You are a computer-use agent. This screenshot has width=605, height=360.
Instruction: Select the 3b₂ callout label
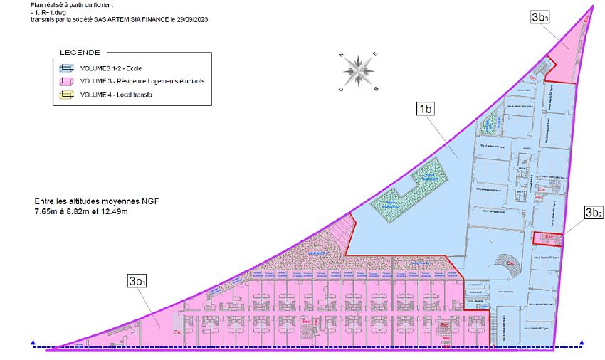click(x=594, y=213)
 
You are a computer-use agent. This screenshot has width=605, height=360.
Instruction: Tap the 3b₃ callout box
click(x=540, y=18)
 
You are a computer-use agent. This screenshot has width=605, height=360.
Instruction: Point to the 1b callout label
click(x=426, y=109)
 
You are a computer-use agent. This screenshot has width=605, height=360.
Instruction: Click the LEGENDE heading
click(x=79, y=53)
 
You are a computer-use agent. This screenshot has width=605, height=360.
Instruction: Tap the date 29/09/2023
click(x=196, y=20)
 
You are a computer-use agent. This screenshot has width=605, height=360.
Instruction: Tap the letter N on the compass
click(x=342, y=55)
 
